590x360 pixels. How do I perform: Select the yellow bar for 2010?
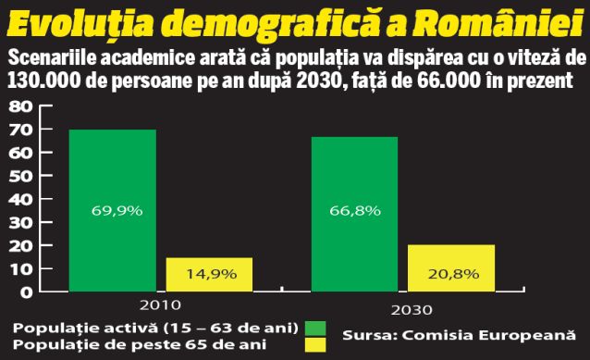[209, 274]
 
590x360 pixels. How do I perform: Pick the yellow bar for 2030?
[451, 268]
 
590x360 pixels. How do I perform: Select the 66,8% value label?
[355, 210]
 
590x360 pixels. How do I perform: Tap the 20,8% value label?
[453, 274]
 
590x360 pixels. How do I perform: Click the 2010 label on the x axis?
[160, 306]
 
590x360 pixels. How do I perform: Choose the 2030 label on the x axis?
[403, 310]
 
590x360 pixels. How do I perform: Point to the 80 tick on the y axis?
[20, 106]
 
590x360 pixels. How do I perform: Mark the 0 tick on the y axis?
[26, 292]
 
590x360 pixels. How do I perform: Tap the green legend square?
[315, 329]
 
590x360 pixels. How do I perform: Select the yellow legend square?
[315, 345]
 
